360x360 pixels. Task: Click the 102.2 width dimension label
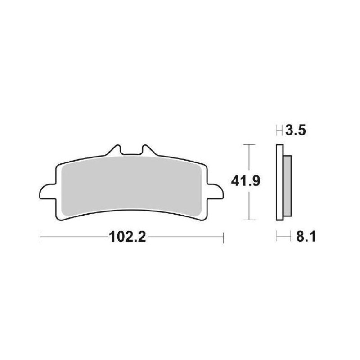tap(127, 237)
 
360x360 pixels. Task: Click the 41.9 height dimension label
tap(245, 181)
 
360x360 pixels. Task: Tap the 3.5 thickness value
tap(296, 131)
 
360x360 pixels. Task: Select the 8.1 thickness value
tap(306, 237)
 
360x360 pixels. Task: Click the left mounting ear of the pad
tap(47, 192)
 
